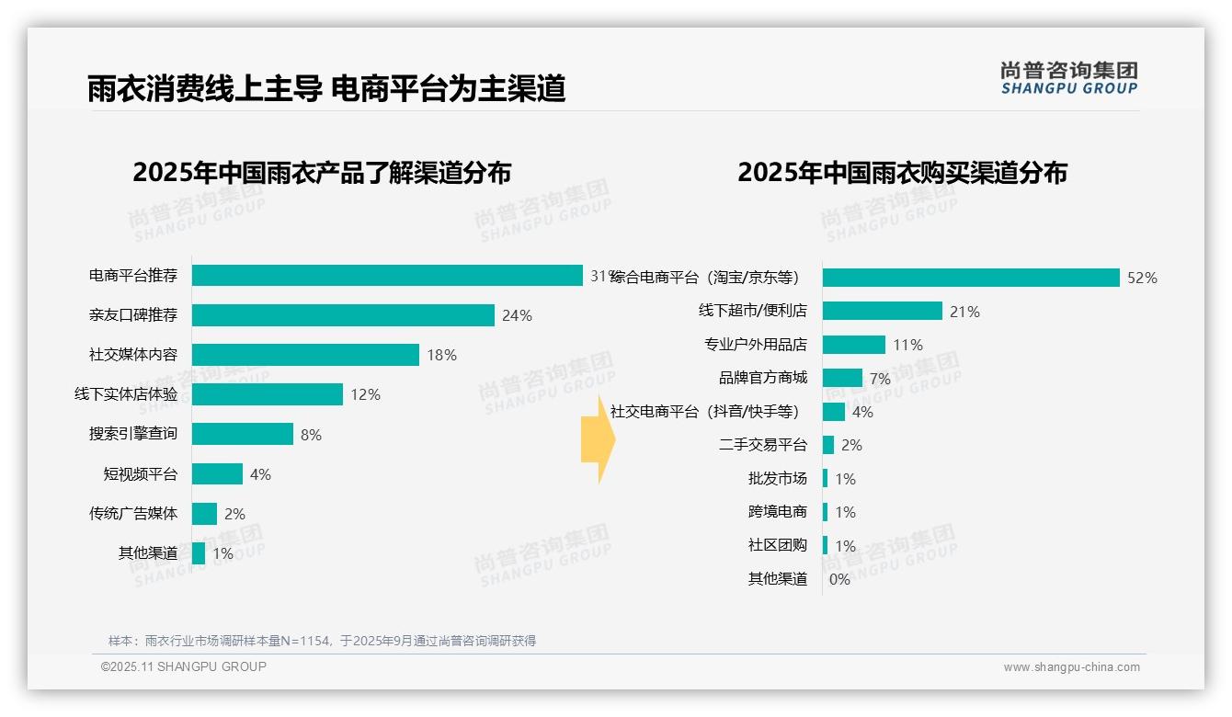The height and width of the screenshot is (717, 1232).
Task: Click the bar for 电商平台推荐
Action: [387, 276]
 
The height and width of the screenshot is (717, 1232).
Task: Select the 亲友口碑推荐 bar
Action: [343, 315]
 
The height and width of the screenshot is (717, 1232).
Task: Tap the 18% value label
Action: [441, 355]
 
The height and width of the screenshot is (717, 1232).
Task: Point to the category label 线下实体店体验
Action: [126, 394]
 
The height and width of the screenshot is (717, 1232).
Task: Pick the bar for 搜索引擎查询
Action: [243, 434]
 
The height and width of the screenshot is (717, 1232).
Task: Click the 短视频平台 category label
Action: [140, 474]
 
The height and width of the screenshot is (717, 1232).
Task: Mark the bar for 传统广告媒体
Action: [204, 514]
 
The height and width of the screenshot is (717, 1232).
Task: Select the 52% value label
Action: [1142, 278]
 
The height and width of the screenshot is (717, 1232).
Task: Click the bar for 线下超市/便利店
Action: [883, 311]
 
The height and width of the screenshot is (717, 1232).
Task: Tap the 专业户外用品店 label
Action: [756, 345]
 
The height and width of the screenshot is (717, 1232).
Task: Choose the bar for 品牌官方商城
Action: [842, 378]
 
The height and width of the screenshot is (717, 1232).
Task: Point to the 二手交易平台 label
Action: [763, 445]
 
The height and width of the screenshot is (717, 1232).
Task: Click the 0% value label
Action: [839, 579]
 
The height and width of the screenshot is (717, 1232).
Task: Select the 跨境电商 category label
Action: [778, 512]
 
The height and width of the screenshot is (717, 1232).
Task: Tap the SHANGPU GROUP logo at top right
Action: [1068, 78]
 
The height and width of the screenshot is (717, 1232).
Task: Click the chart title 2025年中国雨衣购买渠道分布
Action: [902, 173]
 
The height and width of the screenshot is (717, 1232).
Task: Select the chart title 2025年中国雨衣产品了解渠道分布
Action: [322, 173]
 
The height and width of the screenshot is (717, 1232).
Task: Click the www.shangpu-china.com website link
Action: [1071, 667]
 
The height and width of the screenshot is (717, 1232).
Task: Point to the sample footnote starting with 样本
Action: [322, 641]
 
